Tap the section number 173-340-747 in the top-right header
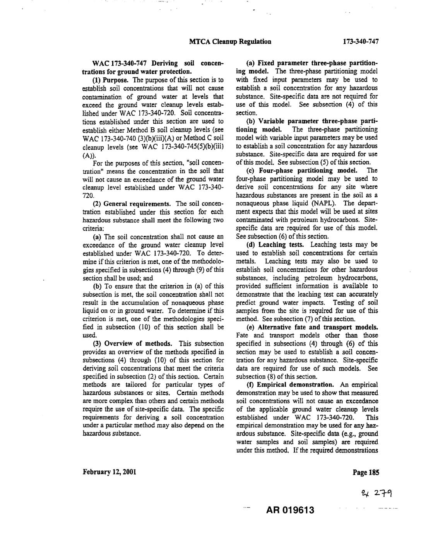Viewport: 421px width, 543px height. pos(358,41)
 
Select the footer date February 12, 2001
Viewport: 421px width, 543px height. pos(109,472)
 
